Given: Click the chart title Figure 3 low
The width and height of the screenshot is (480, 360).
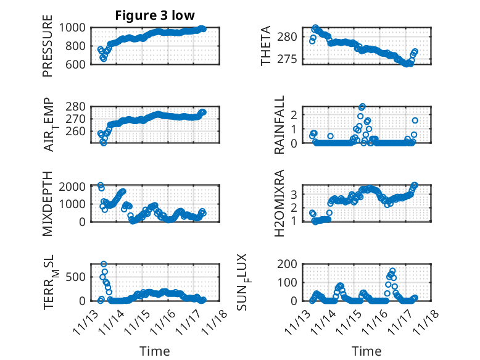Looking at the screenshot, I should [x=155, y=16].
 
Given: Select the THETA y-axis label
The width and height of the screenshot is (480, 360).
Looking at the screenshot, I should [x=266, y=46].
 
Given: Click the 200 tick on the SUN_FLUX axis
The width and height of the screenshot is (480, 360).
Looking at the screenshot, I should [x=293, y=264].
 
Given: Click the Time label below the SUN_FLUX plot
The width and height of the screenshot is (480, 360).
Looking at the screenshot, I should [x=366, y=351].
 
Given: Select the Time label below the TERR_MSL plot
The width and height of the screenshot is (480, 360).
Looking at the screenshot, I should [x=154, y=351].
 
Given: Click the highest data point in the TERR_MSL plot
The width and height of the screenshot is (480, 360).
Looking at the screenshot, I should [x=104, y=264].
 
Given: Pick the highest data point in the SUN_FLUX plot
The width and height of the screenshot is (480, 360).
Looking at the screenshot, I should [x=392, y=271].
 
